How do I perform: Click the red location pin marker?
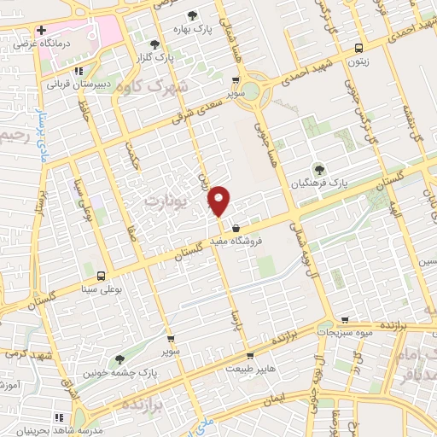(x=219, y=201)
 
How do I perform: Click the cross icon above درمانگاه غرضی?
(x=41, y=31)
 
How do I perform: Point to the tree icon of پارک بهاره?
(x=192, y=15)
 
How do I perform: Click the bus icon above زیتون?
(x=358, y=48)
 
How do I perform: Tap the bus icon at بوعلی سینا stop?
(x=102, y=277)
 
